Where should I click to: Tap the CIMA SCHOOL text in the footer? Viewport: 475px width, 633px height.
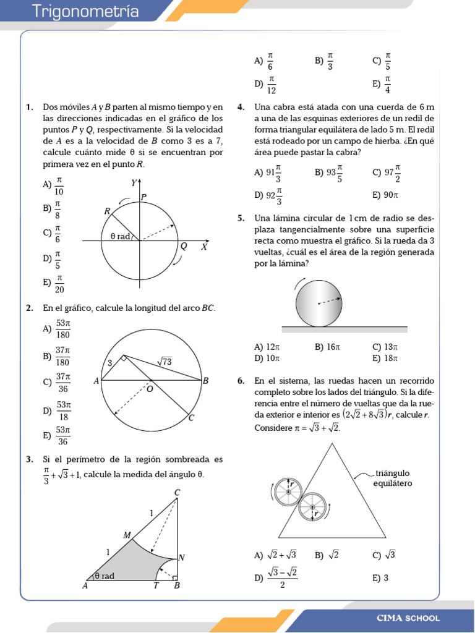click(x=408, y=618)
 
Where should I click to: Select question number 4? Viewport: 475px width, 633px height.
click(x=241, y=108)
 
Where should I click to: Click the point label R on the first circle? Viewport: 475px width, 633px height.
click(x=107, y=211)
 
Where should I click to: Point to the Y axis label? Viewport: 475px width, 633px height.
click(x=134, y=183)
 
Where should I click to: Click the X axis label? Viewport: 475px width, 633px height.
click(x=203, y=247)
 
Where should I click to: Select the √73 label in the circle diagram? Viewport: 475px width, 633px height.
click(x=164, y=361)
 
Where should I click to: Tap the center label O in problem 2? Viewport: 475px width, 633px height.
click(x=150, y=389)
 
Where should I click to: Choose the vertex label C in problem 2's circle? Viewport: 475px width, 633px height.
click(x=192, y=418)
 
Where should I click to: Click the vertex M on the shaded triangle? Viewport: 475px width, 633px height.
click(x=127, y=535)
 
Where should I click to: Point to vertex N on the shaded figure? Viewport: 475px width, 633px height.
click(x=182, y=558)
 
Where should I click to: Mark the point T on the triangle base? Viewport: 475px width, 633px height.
click(x=156, y=586)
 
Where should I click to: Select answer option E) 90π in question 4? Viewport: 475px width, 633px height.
click(x=385, y=195)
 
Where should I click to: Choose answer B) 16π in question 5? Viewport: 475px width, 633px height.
click(x=327, y=347)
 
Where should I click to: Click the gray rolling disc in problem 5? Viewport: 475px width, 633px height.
click(x=319, y=302)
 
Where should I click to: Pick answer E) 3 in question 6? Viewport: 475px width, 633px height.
click(x=380, y=578)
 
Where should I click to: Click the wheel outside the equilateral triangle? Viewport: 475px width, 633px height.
click(x=287, y=490)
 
